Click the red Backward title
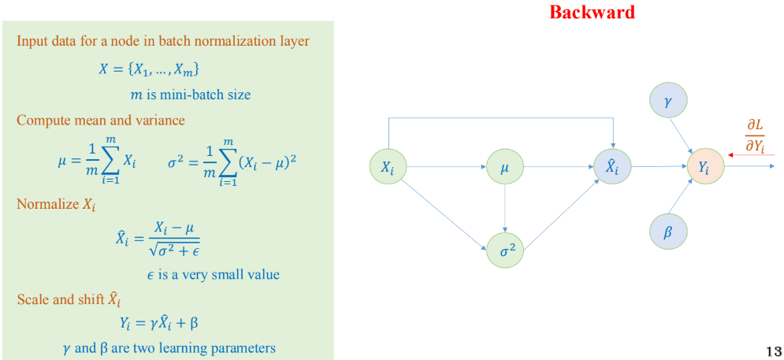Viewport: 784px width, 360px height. click(592, 12)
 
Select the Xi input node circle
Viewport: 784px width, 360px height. click(388, 166)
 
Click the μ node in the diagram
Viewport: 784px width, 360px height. click(505, 166)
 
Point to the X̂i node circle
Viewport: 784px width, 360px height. click(612, 166)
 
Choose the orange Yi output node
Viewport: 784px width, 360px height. click(705, 166)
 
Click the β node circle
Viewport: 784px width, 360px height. click(668, 232)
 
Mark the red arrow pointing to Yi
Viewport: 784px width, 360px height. click(751, 155)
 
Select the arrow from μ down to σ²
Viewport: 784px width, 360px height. click(505, 207)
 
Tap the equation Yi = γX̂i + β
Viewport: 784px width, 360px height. click(159, 324)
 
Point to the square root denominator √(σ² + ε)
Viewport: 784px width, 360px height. click(170, 248)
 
